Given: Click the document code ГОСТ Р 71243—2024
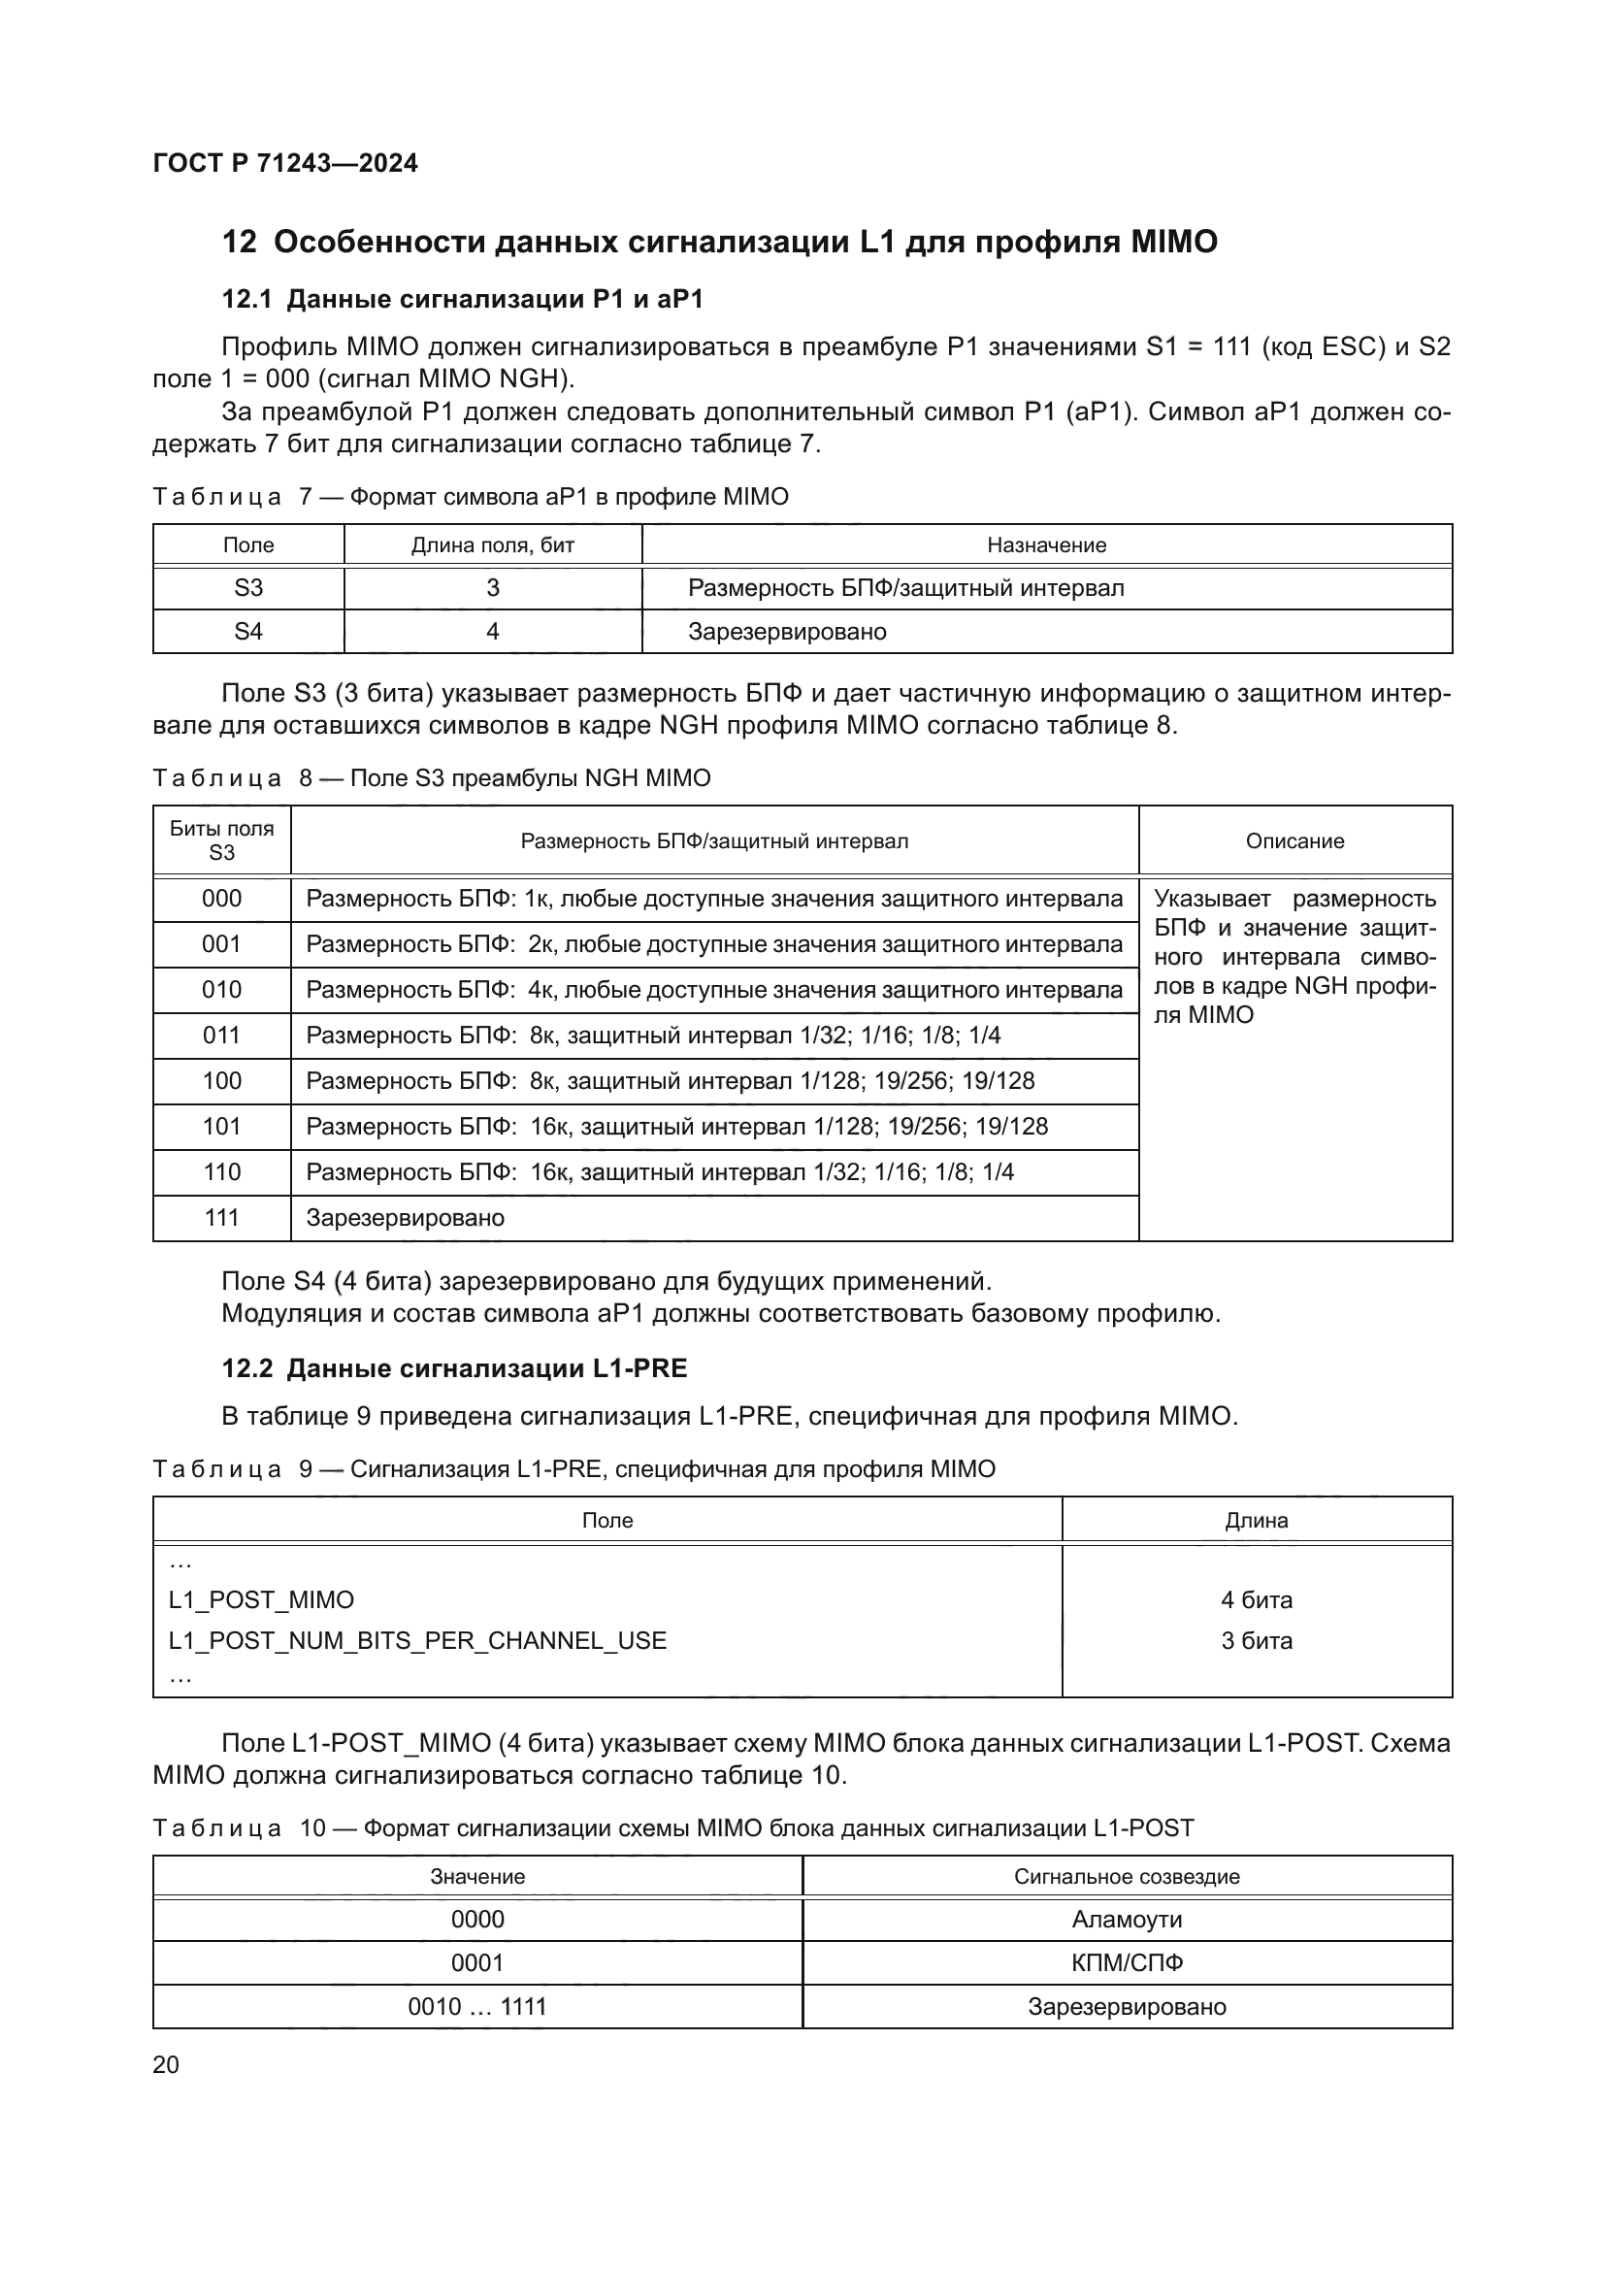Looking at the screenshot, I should pos(284,163).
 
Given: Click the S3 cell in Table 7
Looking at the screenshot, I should pos(248,588).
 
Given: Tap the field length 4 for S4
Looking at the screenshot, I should pos(492,632).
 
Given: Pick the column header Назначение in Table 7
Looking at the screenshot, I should pos(1046,544).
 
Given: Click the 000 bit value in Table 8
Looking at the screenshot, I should pos(221,899).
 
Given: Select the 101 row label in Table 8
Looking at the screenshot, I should pos(221,1126).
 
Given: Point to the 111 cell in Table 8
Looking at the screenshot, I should pos(221,1217).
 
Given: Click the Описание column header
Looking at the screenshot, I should pos(1294,840).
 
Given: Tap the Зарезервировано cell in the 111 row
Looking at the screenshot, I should pos(406,1217).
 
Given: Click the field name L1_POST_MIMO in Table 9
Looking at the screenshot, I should pos(261,1599).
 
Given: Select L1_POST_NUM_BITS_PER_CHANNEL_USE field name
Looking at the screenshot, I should pos(417,1640).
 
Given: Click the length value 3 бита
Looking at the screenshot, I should pos(1256,1640).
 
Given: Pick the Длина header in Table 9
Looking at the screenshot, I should pos(1256,1520).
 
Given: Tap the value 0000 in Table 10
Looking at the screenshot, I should pos(477,1919).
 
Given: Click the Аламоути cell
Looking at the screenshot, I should pos(1127,1919).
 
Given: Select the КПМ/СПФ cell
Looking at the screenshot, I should pos(1127,1962).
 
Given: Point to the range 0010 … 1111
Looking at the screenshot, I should pos(477,2006).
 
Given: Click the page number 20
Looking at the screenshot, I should pos(166,2064).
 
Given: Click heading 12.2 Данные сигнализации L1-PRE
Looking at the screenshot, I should pos(453,1368).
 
